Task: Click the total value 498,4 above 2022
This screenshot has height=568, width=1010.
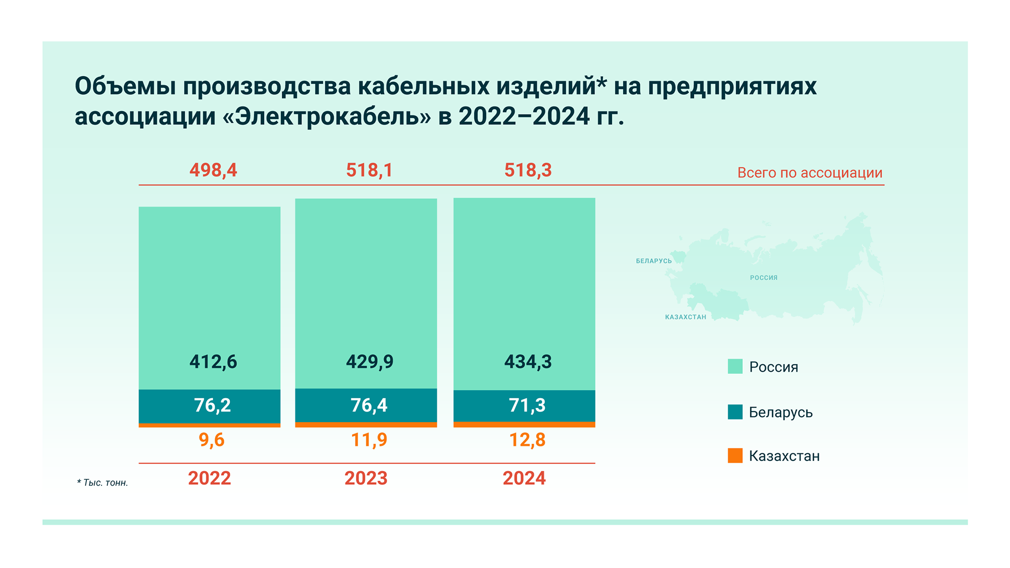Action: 213,170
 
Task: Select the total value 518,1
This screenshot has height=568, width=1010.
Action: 369,170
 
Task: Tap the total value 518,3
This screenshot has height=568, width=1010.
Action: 528,170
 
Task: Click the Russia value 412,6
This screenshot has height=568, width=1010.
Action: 213,362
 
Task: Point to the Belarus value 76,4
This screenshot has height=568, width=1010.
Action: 369,405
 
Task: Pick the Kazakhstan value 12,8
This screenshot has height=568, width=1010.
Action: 527,440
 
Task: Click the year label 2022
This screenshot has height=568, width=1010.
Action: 210,478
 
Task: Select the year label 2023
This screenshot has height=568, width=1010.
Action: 366,478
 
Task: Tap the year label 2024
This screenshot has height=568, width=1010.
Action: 524,478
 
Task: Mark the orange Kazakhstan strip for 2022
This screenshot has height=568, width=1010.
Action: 210,425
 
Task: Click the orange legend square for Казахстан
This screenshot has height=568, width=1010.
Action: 735,455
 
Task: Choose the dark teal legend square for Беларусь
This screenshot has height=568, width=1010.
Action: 735,412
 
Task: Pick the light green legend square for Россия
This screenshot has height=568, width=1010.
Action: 735,367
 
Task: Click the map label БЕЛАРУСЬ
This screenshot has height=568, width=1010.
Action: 654,261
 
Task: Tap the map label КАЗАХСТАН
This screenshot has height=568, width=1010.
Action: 686,317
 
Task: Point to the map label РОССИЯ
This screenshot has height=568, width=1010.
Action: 764,278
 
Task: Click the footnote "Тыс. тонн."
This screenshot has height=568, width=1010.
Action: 105,483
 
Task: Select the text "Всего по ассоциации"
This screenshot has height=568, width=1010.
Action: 810,173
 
